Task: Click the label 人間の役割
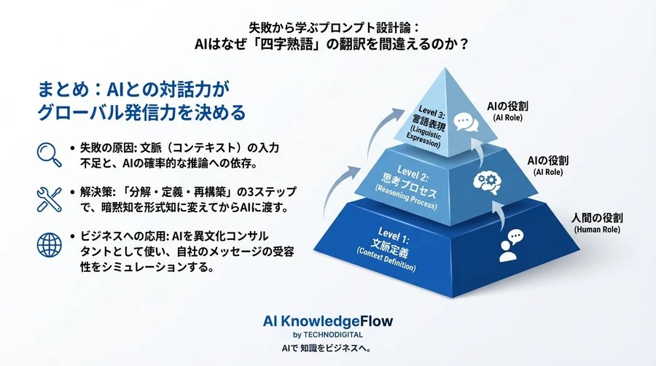[x=596, y=218]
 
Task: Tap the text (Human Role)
[x=596, y=230]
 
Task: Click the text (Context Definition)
[x=386, y=260]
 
